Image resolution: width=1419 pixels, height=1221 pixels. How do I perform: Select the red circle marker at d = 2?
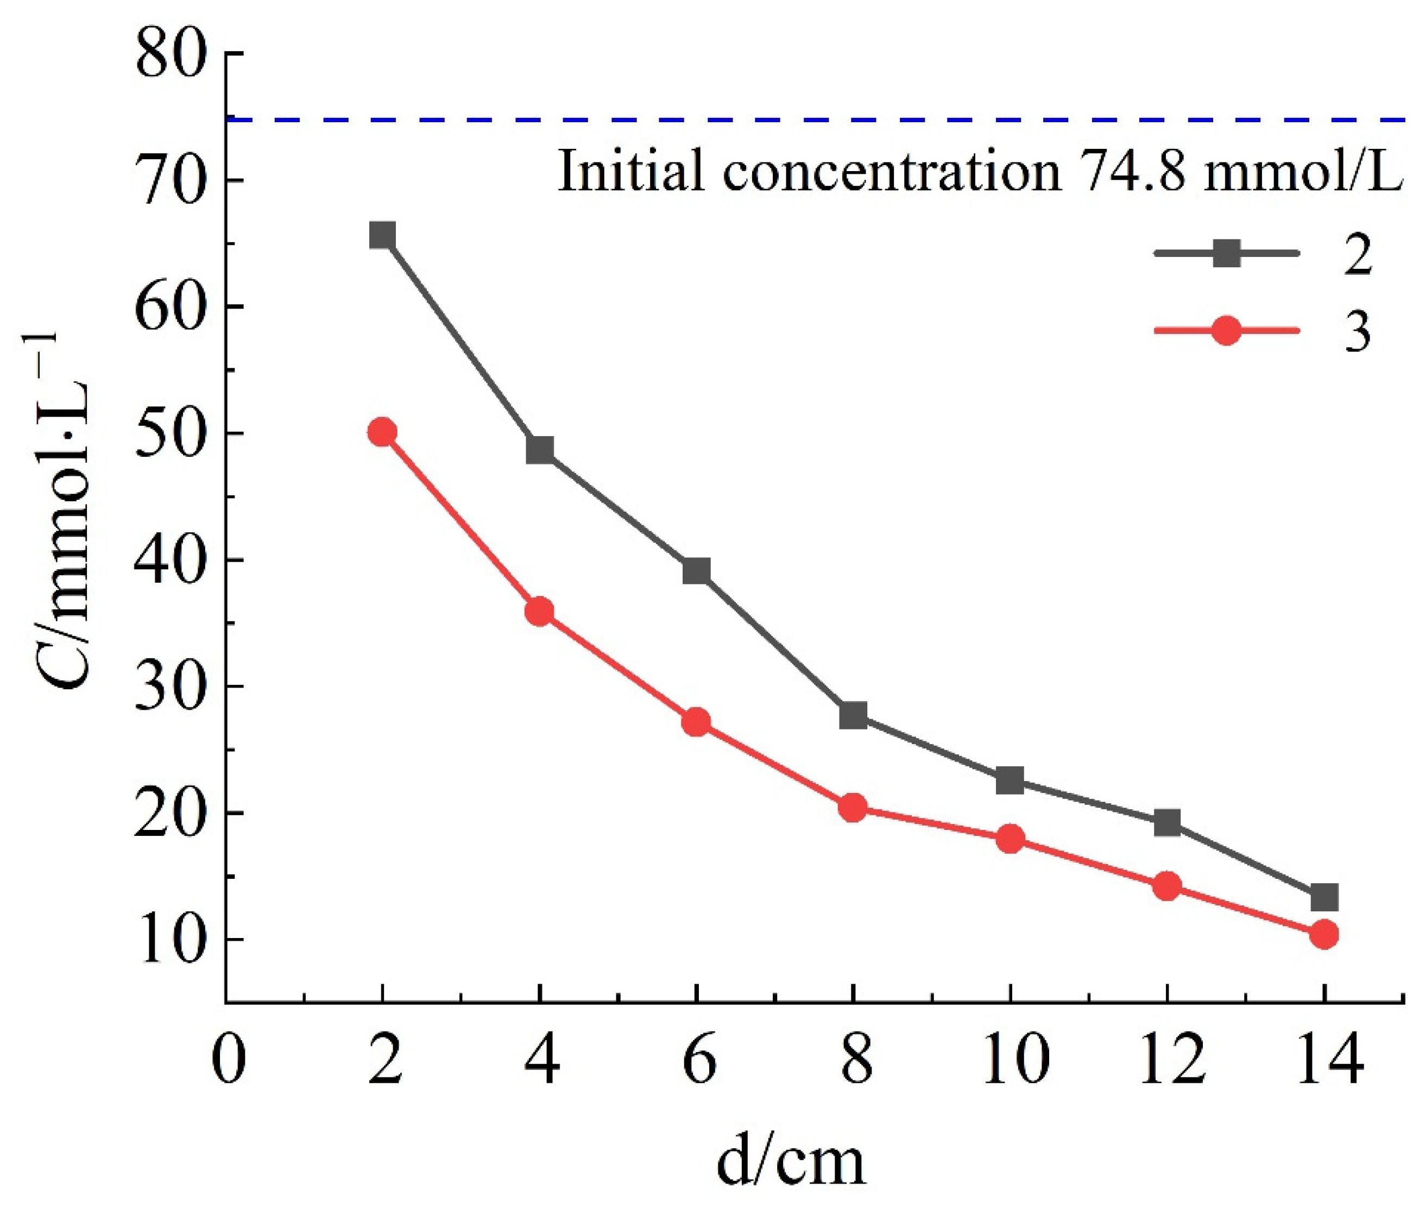pyautogui.click(x=382, y=432)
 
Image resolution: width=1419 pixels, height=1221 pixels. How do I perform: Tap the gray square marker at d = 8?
pyautogui.click(x=853, y=716)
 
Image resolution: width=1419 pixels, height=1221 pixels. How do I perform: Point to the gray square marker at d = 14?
pyautogui.click(x=1324, y=897)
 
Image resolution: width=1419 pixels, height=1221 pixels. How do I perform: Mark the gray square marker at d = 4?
pyautogui.click(x=540, y=450)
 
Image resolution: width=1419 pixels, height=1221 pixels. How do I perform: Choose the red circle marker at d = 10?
pyautogui.click(x=1010, y=839)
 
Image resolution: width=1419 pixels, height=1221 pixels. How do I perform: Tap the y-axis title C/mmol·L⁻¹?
pyautogui.click(x=65, y=510)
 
